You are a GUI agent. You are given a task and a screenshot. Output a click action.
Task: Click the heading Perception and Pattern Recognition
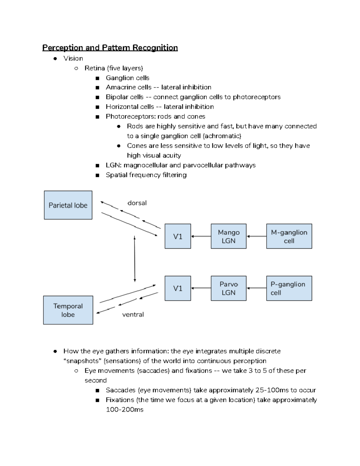coord(110,48)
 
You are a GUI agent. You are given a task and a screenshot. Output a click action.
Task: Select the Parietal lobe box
coord(68,205)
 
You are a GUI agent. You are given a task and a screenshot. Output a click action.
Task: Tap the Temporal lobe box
coord(68,310)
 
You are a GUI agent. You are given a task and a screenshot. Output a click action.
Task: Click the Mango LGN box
coord(229,236)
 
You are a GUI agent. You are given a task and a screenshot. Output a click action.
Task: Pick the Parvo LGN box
coord(229,288)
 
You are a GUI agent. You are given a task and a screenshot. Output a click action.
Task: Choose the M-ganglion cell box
coord(289,236)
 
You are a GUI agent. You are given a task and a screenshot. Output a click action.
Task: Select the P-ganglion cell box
coord(289,288)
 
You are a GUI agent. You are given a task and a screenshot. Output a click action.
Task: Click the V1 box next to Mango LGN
coord(178,236)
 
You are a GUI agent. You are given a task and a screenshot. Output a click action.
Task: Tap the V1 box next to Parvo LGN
coord(178,288)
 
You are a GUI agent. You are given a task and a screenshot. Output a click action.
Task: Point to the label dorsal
coord(137,203)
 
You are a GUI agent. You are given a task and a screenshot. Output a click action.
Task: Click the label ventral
coord(133,314)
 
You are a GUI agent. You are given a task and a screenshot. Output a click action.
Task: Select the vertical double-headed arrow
coord(135,259)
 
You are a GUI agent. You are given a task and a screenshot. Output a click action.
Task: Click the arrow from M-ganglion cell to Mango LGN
coord(256,236)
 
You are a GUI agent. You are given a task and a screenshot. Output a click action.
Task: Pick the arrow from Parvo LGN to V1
coord(201,288)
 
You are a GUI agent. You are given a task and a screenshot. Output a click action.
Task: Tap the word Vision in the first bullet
coord(73,59)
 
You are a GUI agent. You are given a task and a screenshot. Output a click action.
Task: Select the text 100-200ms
coord(124,410)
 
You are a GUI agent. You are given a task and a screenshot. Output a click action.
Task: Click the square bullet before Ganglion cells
coord(97,78)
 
